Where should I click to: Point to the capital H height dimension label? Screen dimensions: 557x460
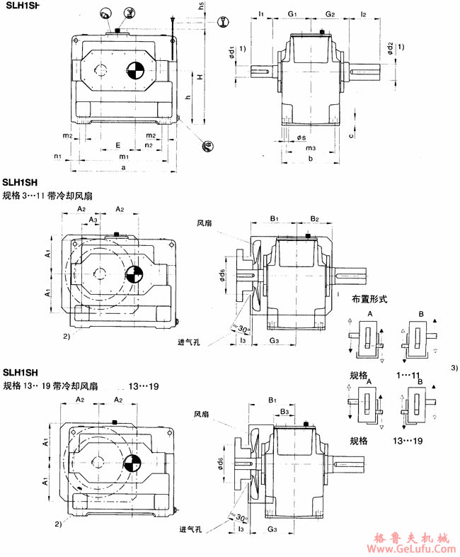(201, 76)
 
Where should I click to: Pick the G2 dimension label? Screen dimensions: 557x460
(330, 13)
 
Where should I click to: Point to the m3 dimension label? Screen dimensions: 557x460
(310, 147)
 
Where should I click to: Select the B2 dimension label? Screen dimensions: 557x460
(315, 218)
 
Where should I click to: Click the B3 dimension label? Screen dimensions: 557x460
(283, 411)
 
